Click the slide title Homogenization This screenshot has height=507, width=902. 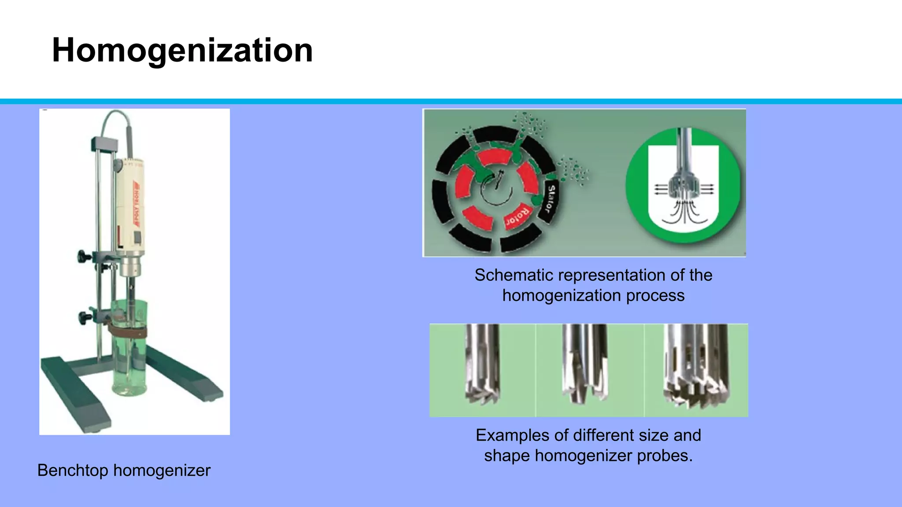[182, 50]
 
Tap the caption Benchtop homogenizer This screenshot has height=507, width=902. [124, 470]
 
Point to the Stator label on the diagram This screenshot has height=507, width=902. [550, 198]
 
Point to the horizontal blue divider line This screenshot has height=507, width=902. [451, 102]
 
